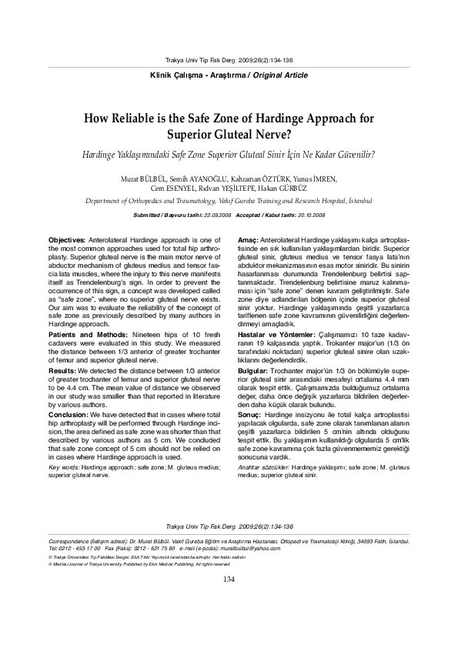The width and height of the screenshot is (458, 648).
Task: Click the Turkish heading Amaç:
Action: (248, 241)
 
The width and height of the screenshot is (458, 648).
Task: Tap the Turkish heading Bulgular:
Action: (255, 370)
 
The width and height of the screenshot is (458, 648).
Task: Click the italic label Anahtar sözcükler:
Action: (265, 467)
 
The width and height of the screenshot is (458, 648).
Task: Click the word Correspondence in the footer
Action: (68, 540)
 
